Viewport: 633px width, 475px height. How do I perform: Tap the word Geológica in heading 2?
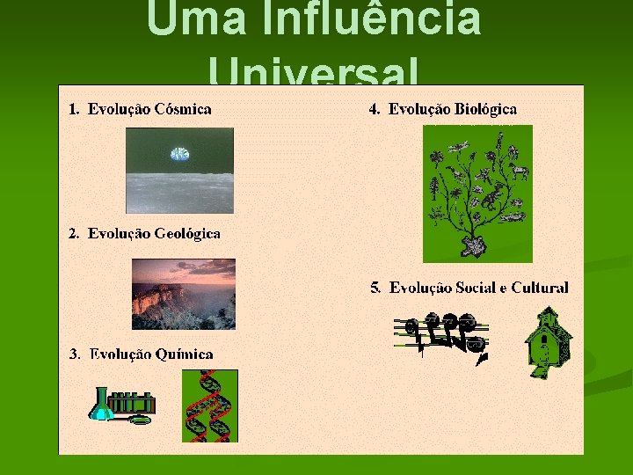[x=187, y=234]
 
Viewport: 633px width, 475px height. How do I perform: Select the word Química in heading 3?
[x=184, y=354]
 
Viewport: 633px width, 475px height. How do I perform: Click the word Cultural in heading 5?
[x=539, y=288]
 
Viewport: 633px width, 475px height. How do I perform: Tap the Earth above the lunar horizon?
[x=179, y=154]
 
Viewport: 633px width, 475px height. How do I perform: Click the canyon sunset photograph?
[x=184, y=294]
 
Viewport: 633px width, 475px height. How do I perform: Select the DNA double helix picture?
[x=210, y=406]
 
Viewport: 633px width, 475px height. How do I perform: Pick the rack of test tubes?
[x=134, y=403]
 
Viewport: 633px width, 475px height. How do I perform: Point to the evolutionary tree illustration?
[x=477, y=194]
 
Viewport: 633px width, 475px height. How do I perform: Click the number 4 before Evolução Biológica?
[x=374, y=110]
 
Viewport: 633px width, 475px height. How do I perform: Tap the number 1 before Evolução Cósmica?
[x=73, y=110]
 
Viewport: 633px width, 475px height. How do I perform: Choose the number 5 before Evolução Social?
[x=375, y=288]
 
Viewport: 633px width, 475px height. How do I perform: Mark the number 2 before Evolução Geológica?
[x=73, y=234]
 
